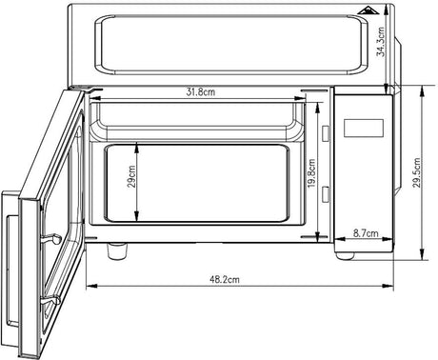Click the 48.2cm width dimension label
coord(225,279)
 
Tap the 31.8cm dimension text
coord(201,92)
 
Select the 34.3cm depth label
coord(381,42)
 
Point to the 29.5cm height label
coord(417,172)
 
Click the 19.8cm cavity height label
coord(311,173)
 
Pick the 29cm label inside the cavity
coord(131,176)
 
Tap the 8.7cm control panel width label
coord(366,233)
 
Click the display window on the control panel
coord(364,128)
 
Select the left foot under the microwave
coord(117,250)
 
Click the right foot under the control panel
coord(345,255)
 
